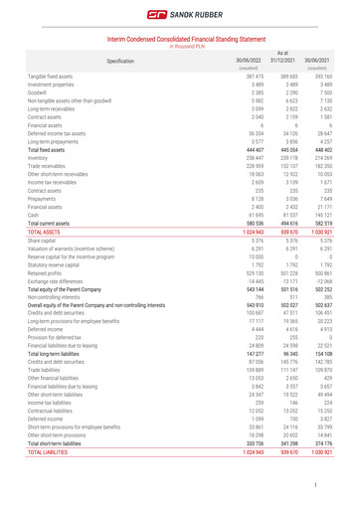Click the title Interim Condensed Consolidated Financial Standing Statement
click(x=180, y=40)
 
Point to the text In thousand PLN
click(x=180, y=47)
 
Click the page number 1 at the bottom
click(x=340, y=484)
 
